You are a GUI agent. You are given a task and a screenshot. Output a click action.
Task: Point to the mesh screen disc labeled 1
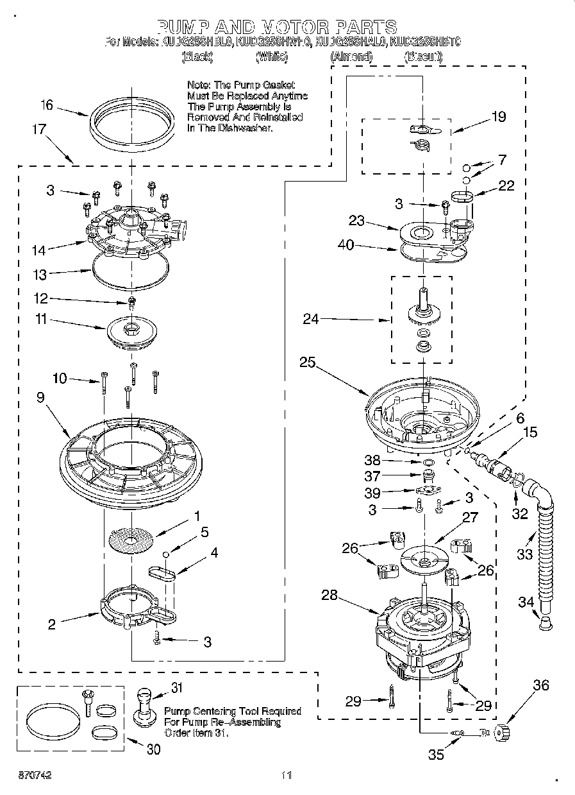click(131, 541)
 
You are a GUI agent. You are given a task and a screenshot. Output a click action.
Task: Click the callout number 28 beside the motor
click(329, 595)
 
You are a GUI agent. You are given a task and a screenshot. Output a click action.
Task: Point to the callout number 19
click(498, 117)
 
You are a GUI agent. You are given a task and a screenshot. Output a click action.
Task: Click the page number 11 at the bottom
click(287, 775)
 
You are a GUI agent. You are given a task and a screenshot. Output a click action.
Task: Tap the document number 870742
click(35, 775)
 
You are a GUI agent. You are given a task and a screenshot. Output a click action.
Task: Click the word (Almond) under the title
click(351, 57)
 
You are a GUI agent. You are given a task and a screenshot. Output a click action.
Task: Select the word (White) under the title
click(272, 57)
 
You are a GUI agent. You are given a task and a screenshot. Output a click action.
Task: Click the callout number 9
click(40, 398)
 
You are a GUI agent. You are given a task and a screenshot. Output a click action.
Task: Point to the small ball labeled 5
click(166, 554)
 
